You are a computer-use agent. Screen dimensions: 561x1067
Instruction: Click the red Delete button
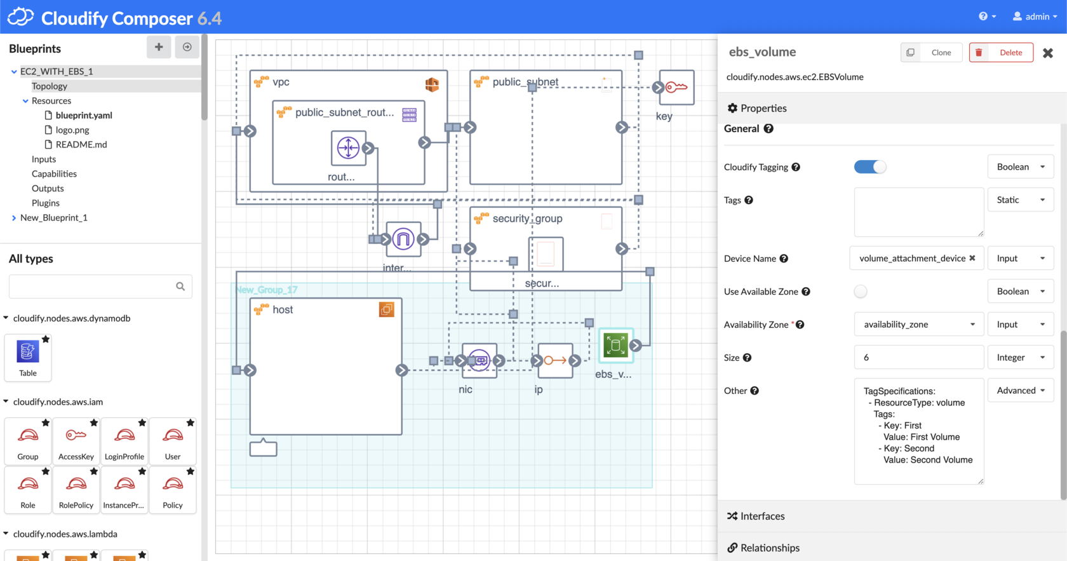coord(1001,53)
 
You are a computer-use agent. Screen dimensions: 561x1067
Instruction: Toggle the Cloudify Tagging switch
coord(869,167)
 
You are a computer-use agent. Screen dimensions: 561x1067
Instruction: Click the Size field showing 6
coord(918,358)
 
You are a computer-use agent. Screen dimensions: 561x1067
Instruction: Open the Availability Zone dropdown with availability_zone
coord(918,325)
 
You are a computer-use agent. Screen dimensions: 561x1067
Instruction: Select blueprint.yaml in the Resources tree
coord(83,116)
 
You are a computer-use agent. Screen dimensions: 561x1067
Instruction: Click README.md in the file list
coord(81,145)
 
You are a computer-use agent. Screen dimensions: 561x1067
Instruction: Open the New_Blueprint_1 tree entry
coord(53,218)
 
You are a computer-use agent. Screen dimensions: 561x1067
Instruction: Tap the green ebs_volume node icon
coord(615,346)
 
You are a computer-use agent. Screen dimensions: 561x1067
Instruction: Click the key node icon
coord(676,88)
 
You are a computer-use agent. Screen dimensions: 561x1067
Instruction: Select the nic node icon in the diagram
coord(480,361)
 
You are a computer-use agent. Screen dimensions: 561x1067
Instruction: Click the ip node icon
coord(555,361)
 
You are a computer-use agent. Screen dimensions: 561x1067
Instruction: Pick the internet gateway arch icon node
coord(403,240)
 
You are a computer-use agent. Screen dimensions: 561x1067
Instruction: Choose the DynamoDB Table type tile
coord(28,357)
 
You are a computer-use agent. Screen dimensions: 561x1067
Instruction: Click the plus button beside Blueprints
coord(159,47)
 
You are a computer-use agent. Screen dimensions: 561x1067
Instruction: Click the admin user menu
coord(1035,17)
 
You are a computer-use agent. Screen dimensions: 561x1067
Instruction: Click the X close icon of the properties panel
coord(1048,53)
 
